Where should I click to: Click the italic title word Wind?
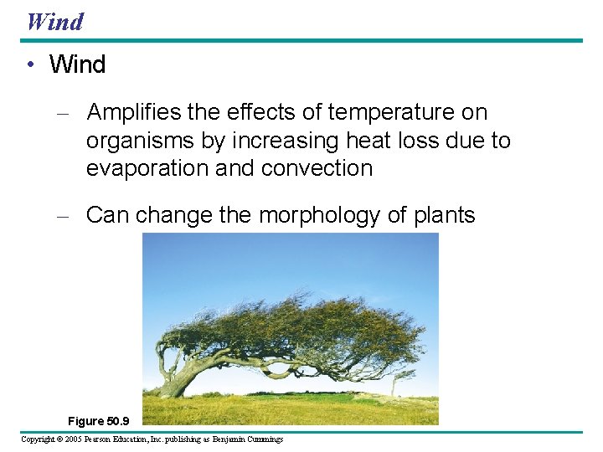pyautogui.click(x=55, y=21)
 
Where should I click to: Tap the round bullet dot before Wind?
pyautogui.click(x=29, y=65)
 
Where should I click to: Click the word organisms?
pyautogui.click(x=139, y=141)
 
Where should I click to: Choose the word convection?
pyautogui.click(x=317, y=168)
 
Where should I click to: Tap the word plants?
pyautogui.click(x=444, y=215)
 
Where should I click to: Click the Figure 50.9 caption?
pyautogui.click(x=99, y=421)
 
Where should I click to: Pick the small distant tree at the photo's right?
pyautogui.click(x=394, y=383)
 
